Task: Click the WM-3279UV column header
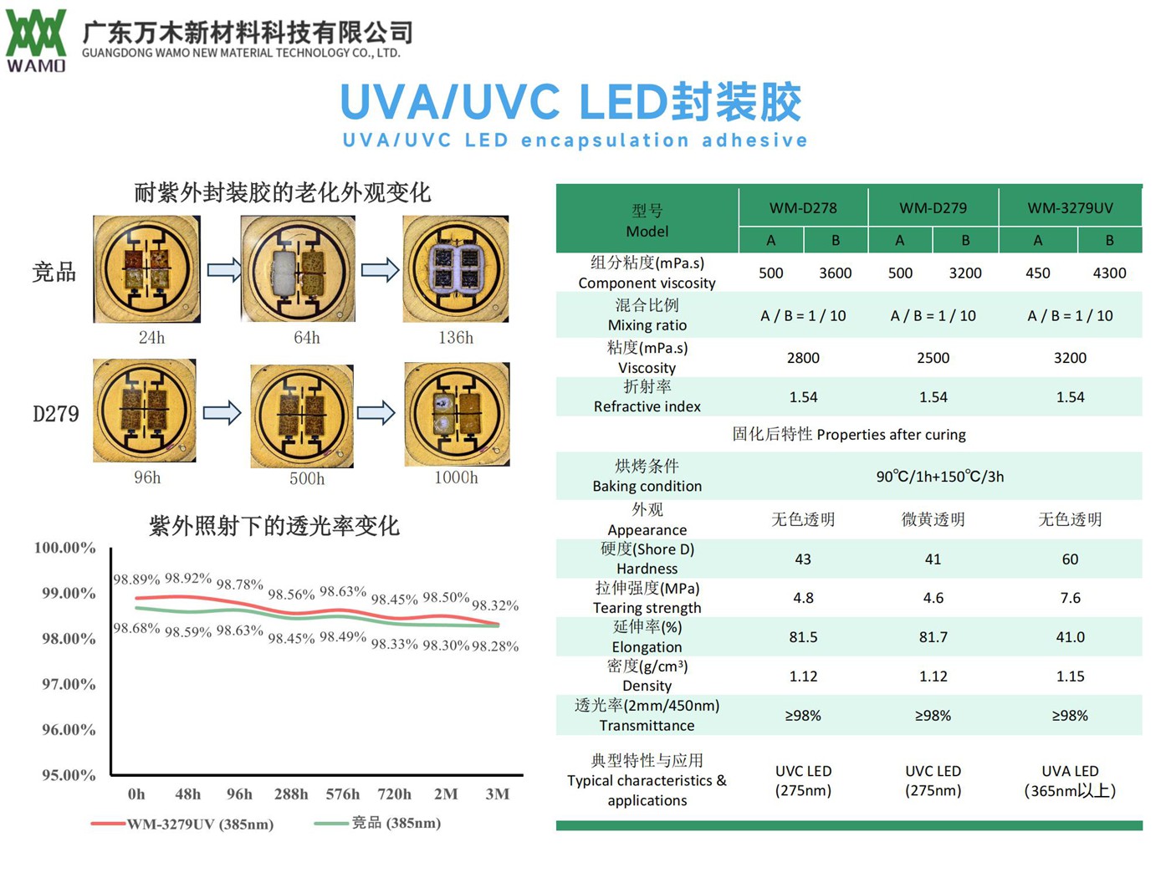click(1070, 208)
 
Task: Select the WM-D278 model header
click(803, 208)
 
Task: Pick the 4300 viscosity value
click(1109, 273)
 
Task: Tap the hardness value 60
click(1070, 559)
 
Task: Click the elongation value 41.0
click(1070, 637)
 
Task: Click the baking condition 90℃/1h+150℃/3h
click(939, 477)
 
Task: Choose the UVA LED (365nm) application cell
click(1070, 780)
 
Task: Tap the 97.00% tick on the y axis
click(69, 685)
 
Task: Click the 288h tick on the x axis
click(290, 794)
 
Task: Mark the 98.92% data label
click(188, 579)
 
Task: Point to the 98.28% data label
click(495, 646)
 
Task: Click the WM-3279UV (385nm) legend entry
click(183, 824)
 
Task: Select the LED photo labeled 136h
click(456, 269)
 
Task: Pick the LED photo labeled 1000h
click(457, 414)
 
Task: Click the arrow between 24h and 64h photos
click(223, 269)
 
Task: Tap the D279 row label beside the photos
click(56, 414)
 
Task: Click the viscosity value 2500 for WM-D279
click(933, 358)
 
